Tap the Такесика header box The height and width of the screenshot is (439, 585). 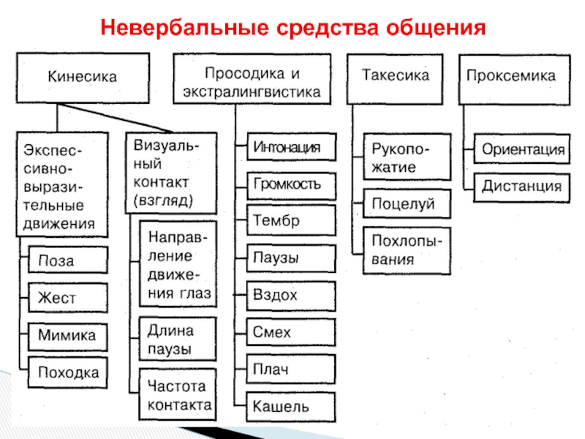point(395,76)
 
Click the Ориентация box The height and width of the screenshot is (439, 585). point(522,151)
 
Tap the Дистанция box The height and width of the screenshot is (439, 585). point(522,187)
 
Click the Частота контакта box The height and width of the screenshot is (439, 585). point(178,395)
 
